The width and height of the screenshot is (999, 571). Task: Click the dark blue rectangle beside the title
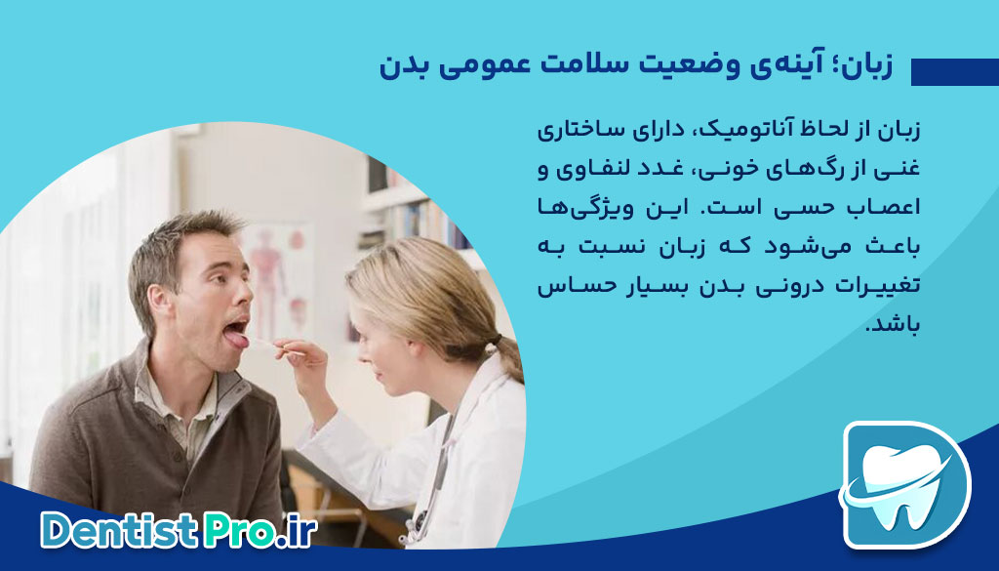(954, 71)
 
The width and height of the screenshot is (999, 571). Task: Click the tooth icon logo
(905, 484)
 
